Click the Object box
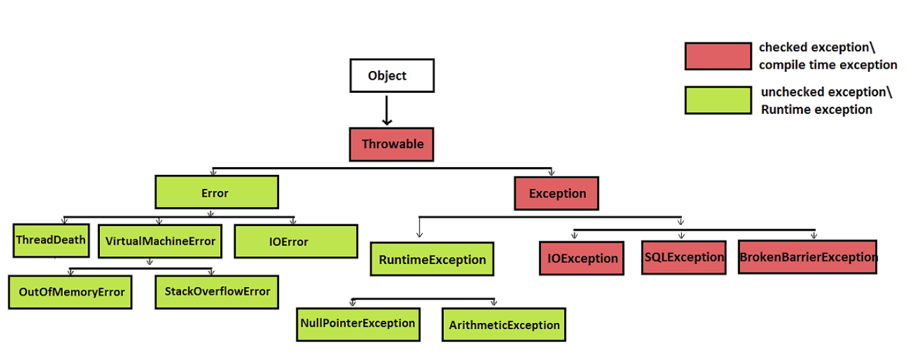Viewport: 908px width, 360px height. pyautogui.click(x=391, y=76)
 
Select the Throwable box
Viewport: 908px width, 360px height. pyautogui.click(x=391, y=144)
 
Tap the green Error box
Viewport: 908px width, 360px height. pyautogui.click(x=216, y=192)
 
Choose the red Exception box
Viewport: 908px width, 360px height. pyautogui.click(x=556, y=193)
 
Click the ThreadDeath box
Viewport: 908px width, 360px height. pyautogui.click(x=51, y=240)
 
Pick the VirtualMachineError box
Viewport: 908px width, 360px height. pyautogui.click(x=159, y=241)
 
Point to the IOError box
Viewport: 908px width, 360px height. pyautogui.click(x=295, y=241)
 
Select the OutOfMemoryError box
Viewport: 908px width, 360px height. pyautogui.click(x=70, y=292)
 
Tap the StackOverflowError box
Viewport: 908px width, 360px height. pyautogui.click(x=217, y=291)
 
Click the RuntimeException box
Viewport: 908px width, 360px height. pyautogui.click(x=432, y=259)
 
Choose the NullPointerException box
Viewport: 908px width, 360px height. pyautogui.click(x=358, y=323)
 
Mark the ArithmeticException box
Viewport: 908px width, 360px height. pyautogui.click(x=504, y=324)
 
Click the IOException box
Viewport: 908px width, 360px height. pyautogui.click(x=581, y=258)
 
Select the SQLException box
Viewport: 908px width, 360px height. pyautogui.click(x=683, y=257)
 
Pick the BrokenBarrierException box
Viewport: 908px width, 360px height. pyautogui.click(x=807, y=257)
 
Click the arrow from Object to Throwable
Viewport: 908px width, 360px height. pyautogui.click(x=387, y=110)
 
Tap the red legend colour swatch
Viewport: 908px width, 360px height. pyautogui.click(x=717, y=56)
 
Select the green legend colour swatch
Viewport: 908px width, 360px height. pyautogui.click(x=717, y=101)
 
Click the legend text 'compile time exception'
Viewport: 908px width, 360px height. pyautogui.click(x=828, y=65)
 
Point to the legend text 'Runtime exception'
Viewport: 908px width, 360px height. pyautogui.click(x=816, y=110)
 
